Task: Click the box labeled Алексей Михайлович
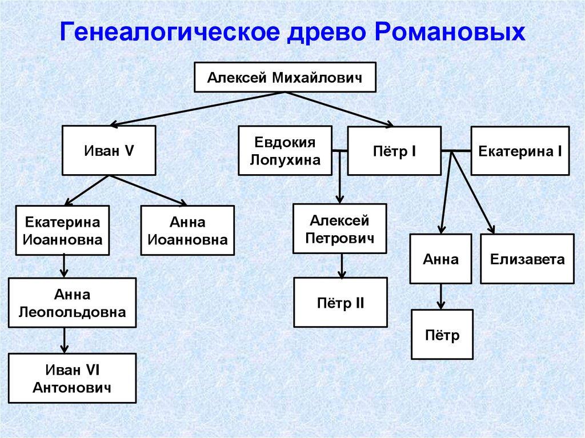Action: [285, 77]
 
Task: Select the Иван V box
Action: [109, 151]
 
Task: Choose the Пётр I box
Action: [394, 151]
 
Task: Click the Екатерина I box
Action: [520, 151]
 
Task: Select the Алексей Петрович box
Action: [339, 228]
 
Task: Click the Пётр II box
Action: [340, 302]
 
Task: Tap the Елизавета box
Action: [527, 259]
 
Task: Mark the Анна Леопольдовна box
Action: [72, 303]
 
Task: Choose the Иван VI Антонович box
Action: [72, 379]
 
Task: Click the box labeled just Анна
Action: [440, 259]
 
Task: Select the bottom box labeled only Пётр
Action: [442, 334]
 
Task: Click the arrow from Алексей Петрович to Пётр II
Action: [341, 266]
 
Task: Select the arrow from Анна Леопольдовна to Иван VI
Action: [65, 340]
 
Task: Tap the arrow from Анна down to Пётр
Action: [441, 296]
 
